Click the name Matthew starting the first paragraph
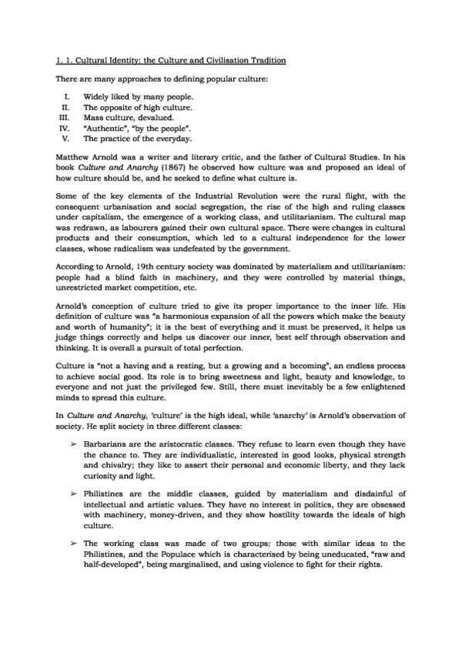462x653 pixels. click(x=75, y=154)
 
